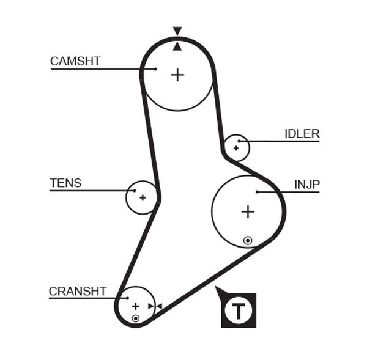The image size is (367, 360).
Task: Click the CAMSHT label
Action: pos(75,61)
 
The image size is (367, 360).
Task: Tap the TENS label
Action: pos(65,183)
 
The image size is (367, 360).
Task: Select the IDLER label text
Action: pos(302,134)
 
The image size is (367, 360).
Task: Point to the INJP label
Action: pos(306,185)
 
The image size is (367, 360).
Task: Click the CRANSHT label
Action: pos(78,292)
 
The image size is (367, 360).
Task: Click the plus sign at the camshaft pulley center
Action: pos(177,75)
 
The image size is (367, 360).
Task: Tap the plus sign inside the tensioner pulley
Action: pos(143,197)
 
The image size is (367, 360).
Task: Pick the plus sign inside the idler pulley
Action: pos(236,148)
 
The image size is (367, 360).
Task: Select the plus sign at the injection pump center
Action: pos(247,212)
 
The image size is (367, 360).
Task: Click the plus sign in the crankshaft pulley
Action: pos(135,306)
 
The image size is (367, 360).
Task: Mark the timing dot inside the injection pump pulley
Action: pos(247,240)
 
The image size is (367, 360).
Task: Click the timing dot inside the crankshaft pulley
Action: pos(135,318)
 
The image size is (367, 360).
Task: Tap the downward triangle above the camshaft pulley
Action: pos(177,31)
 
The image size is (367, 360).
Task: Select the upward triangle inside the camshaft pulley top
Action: pos(177,46)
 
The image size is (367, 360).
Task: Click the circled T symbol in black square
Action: pos(239,310)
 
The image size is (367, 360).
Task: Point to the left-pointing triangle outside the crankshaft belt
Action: pos(158,306)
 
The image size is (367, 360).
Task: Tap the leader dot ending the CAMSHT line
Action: pos(156,69)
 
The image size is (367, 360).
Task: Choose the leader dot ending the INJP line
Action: pos(258,192)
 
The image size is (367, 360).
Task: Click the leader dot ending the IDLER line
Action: pos(240,142)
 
